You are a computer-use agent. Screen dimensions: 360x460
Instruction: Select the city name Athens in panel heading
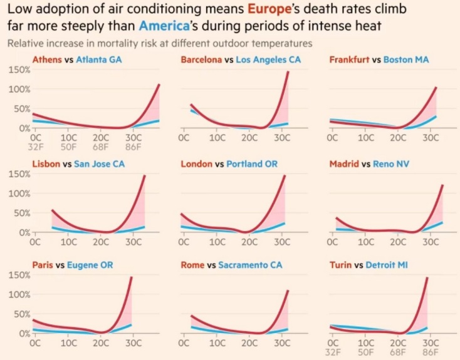46,59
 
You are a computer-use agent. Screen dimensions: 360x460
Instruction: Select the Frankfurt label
349,59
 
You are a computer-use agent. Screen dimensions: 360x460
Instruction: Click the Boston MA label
405,59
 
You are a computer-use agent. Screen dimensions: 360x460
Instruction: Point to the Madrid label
345,165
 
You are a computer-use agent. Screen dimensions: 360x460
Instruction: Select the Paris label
43,265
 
